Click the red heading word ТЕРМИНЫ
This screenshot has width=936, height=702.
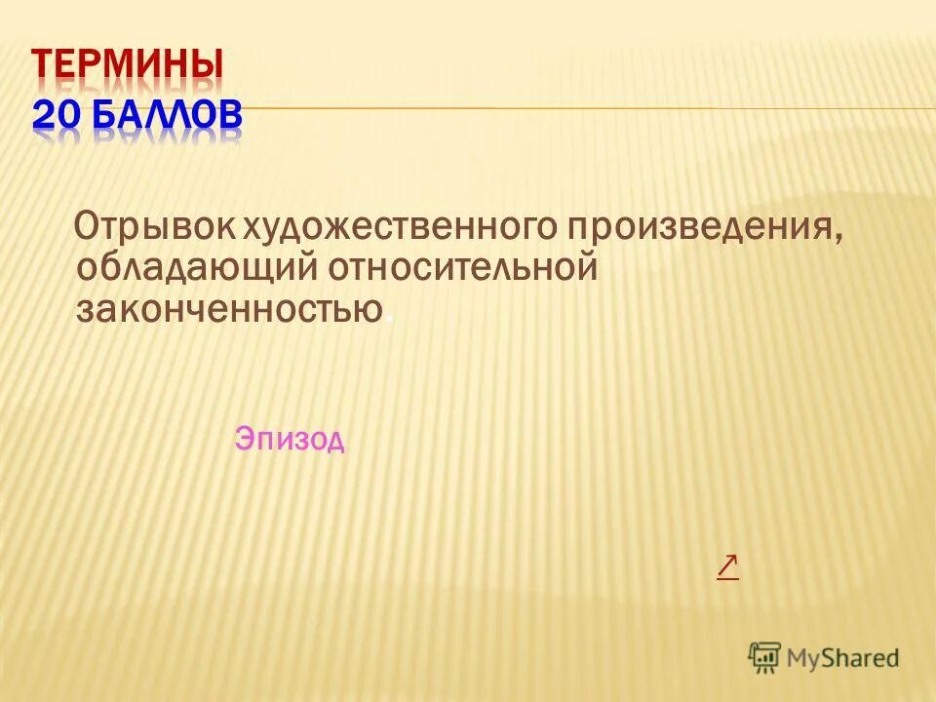(128, 66)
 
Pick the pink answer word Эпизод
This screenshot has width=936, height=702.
(290, 440)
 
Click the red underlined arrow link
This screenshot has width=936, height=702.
(727, 566)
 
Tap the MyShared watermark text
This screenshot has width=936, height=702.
(843, 658)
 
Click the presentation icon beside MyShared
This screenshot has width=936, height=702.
(765, 657)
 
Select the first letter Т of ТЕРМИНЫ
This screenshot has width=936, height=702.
(45, 66)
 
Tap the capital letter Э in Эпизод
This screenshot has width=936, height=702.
(243, 440)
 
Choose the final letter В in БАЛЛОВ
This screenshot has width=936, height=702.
(228, 115)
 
